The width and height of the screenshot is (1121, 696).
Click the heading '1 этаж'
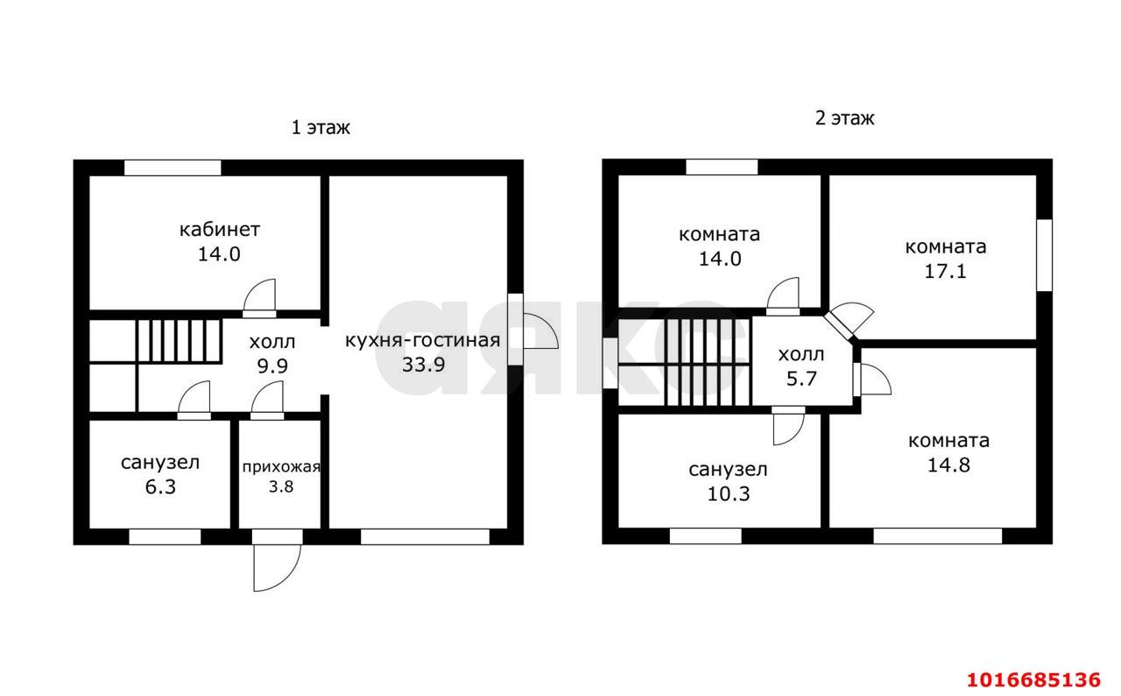(321, 128)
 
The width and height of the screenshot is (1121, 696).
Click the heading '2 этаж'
(845, 118)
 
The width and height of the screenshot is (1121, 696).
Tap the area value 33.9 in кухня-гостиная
(423, 365)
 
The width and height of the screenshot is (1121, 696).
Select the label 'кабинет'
(220, 230)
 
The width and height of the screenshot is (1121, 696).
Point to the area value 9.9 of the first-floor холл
(272, 366)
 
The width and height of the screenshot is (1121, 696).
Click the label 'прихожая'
(281, 467)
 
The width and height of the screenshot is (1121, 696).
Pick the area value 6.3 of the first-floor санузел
(160, 486)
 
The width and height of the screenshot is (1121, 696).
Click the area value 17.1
(945, 271)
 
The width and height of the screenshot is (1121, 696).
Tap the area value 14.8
(948, 465)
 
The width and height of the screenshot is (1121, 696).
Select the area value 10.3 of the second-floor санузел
(728, 494)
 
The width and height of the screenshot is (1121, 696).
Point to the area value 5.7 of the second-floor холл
(801, 379)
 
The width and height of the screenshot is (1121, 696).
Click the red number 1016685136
(1033, 679)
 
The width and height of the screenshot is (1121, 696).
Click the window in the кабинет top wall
(173, 167)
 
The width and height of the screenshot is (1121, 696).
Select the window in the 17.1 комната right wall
(1044, 255)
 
